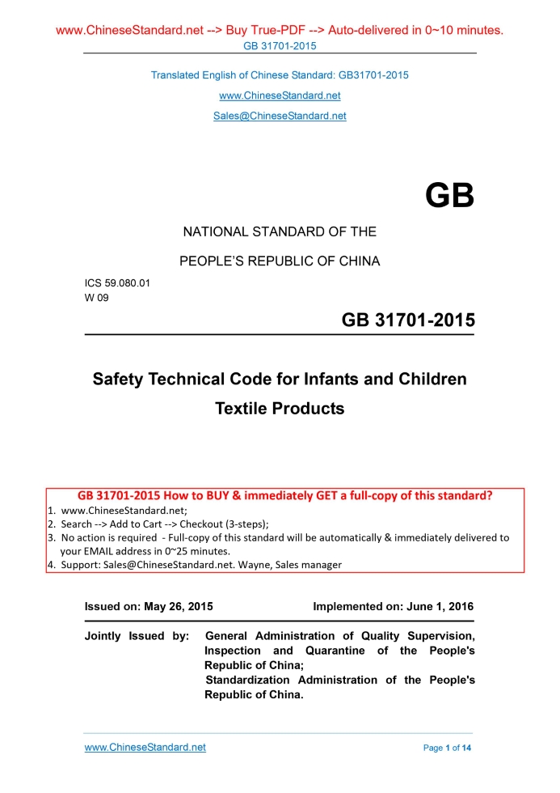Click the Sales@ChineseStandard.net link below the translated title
click(280, 116)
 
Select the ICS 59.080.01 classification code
click(117, 283)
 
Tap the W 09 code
click(97, 297)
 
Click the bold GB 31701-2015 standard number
click(408, 320)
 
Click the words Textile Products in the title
click(280, 409)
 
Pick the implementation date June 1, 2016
click(437, 606)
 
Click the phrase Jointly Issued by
click(137, 636)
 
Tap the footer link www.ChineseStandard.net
click(145, 747)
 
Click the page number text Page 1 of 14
click(447, 748)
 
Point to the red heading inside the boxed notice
click(285, 495)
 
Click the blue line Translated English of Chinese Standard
click(280, 75)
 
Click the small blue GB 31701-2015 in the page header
click(280, 45)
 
